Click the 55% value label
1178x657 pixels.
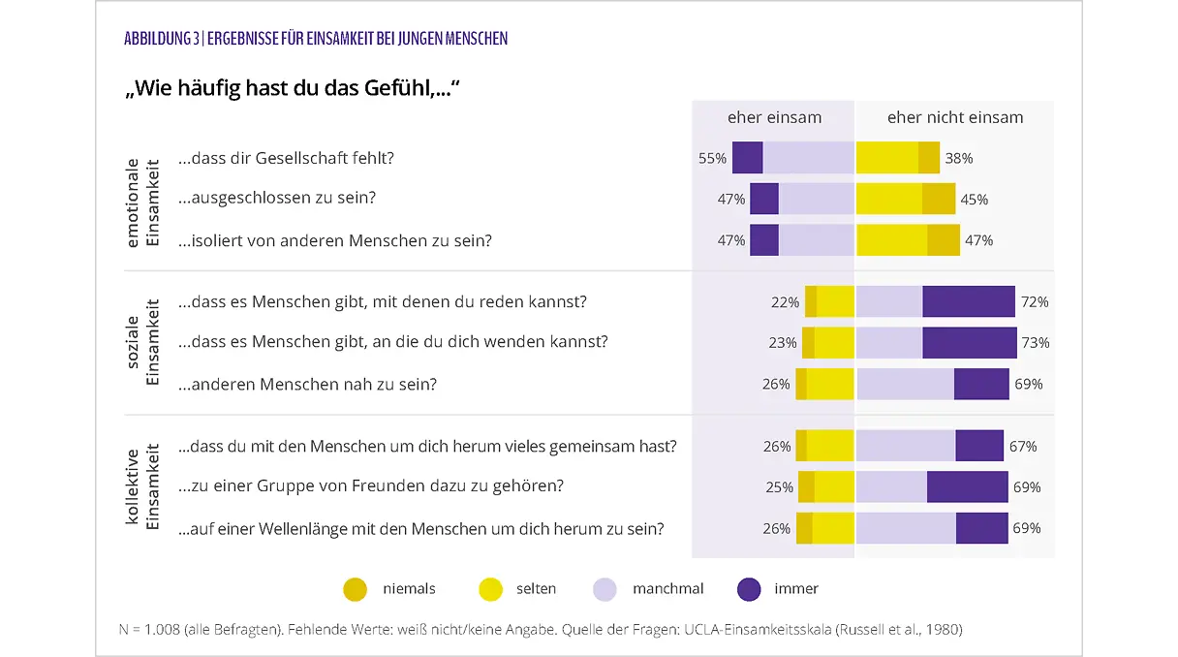point(712,158)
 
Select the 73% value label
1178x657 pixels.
point(1035,342)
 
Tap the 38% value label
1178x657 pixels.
point(958,158)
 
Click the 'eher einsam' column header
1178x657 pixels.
point(774,117)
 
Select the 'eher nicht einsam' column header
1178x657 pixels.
point(954,117)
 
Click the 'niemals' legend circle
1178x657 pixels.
point(356,589)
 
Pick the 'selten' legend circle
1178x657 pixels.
point(491,589)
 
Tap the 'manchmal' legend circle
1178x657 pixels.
point(604,589)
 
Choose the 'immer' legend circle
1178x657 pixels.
point(749,589)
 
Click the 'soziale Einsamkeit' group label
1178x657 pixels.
point(142,342)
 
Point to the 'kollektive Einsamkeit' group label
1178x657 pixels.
point(142,487)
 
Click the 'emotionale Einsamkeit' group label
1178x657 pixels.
point(142,200)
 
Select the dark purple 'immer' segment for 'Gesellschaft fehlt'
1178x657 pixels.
point(747,158)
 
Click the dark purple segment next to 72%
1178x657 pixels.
point(968,301)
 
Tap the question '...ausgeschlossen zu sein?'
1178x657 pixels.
point(276,198)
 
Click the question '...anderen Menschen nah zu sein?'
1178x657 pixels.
point(307,384)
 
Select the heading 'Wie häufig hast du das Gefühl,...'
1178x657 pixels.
point(291,89)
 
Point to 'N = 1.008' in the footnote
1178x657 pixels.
point(152,629)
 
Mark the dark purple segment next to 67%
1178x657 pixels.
point(978,446)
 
